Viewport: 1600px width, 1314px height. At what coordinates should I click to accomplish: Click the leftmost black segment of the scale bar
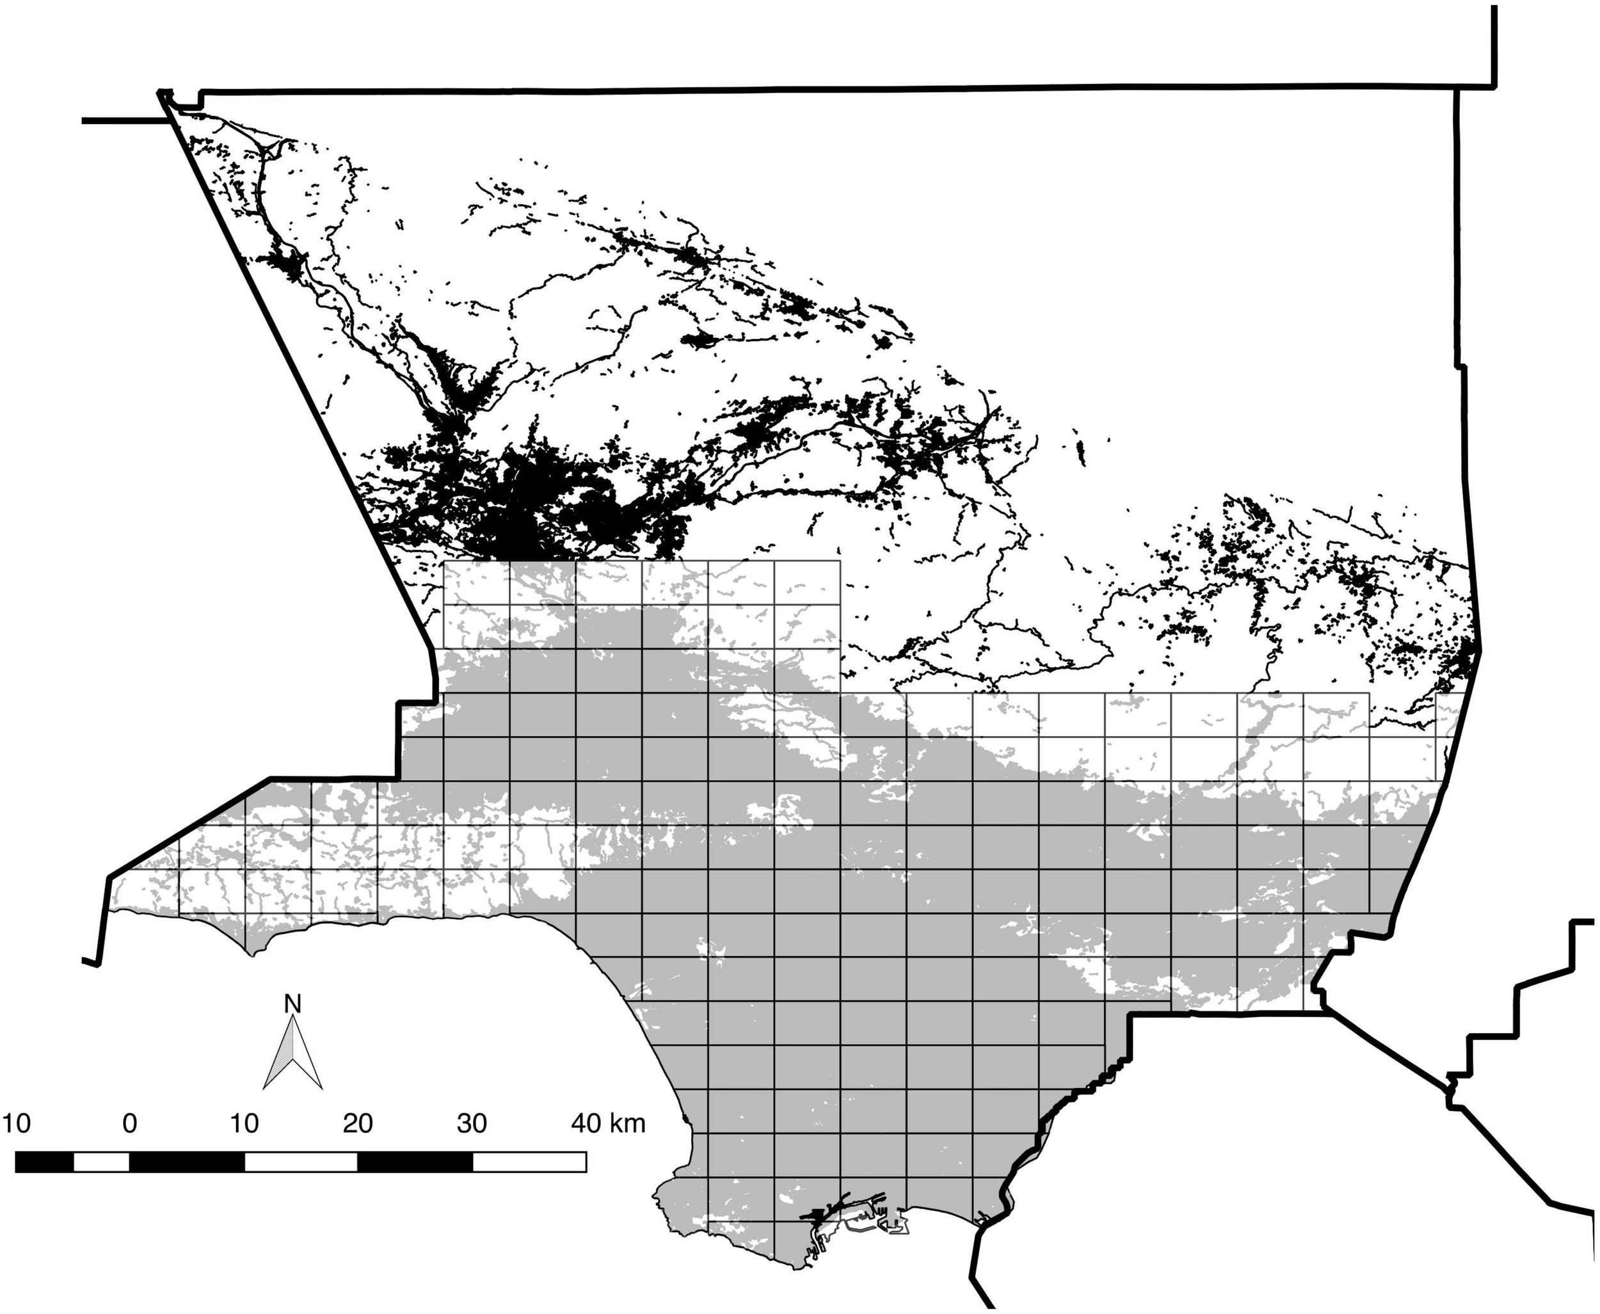click(x=44, y=1161)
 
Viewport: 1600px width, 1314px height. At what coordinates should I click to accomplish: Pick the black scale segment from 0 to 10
click(x=187, y=1161)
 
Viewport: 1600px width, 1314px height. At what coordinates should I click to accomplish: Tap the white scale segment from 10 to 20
click(x=301, y=1161)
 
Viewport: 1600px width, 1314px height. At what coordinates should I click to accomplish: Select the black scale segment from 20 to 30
click(x=415, y=1161)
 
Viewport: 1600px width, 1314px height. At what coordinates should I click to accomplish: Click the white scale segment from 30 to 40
click(x=529, y=1161)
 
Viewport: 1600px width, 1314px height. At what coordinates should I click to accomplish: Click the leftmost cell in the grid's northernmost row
click(x=476, y=583)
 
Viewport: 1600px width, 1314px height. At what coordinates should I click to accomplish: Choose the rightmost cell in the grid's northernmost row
click(x=807, y=583)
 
